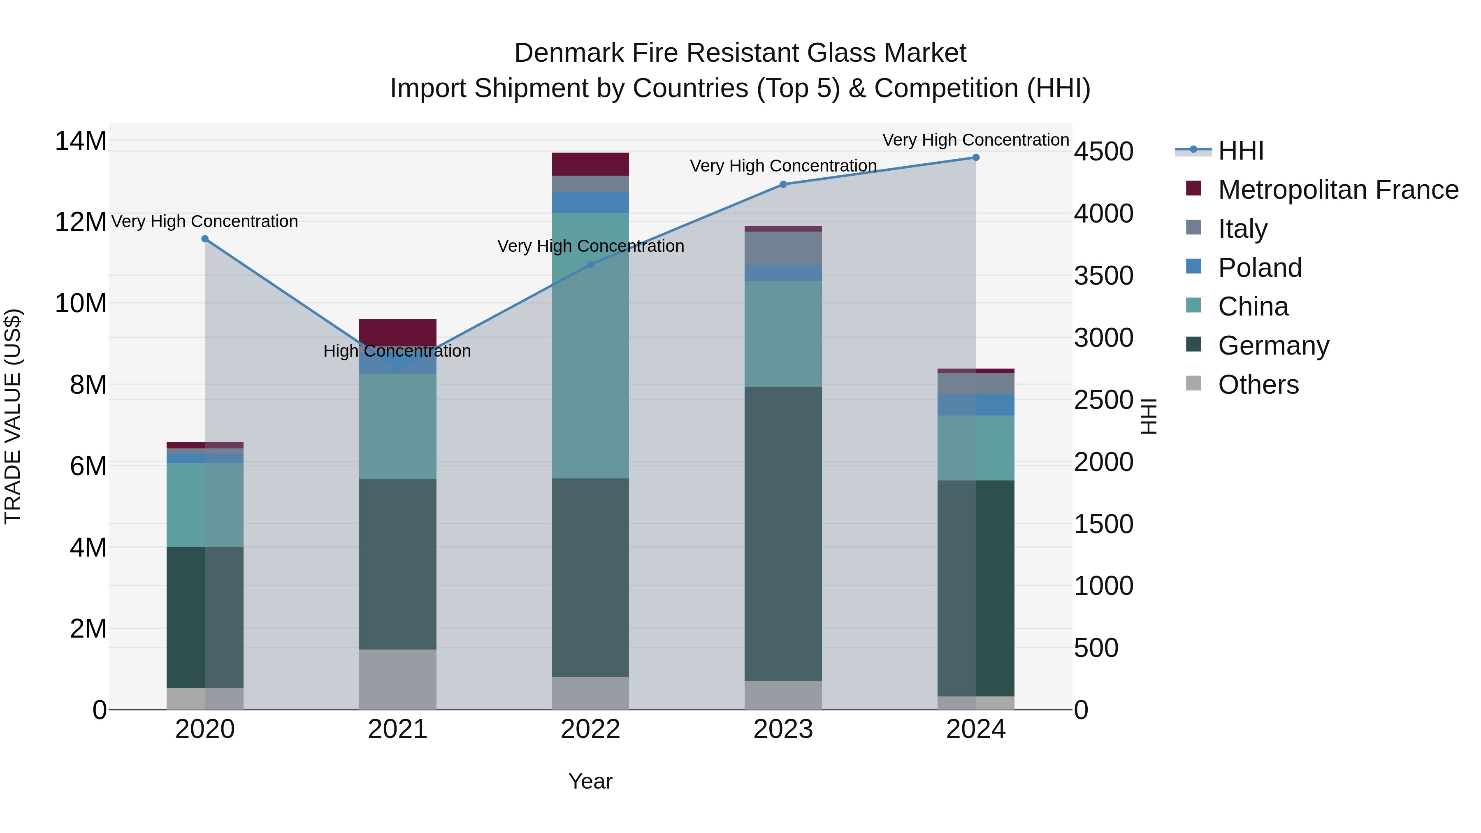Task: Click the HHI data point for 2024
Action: click(976, 157)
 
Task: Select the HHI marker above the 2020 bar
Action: click(205, 239)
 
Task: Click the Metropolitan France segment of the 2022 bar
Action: click(590, 164)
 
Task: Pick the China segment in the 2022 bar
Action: click(590, 345)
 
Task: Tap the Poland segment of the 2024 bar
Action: click(976, 405)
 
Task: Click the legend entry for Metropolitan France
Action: click(1337, 190)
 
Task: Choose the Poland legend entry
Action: click(1259, 268)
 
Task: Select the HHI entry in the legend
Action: click(1240, 151)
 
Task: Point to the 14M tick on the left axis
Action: click(81, 141)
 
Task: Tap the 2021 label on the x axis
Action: click(397, 729)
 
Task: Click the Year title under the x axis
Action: click(590, 781)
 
